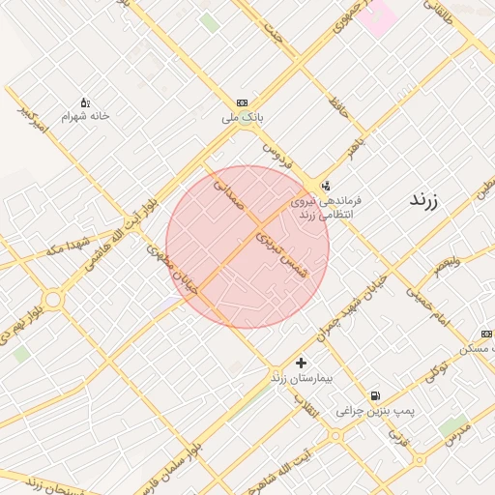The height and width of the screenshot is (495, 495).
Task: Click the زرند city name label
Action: click(x=424, y=201)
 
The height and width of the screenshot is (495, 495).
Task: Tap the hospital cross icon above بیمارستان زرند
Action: click(x=302, y=363)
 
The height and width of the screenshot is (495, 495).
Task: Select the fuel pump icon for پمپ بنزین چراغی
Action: click(x=375, y=395)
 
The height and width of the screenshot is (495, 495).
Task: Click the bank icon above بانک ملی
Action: click(x=242, y=103)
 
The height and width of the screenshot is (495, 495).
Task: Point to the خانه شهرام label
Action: click(x=86, y=116)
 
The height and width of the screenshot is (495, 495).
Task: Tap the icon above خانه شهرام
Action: click(x=85, y=102)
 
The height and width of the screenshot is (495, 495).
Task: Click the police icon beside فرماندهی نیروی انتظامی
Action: click(x=325, y=186)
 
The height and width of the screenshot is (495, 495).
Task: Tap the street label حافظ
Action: click(x=336, y=102)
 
